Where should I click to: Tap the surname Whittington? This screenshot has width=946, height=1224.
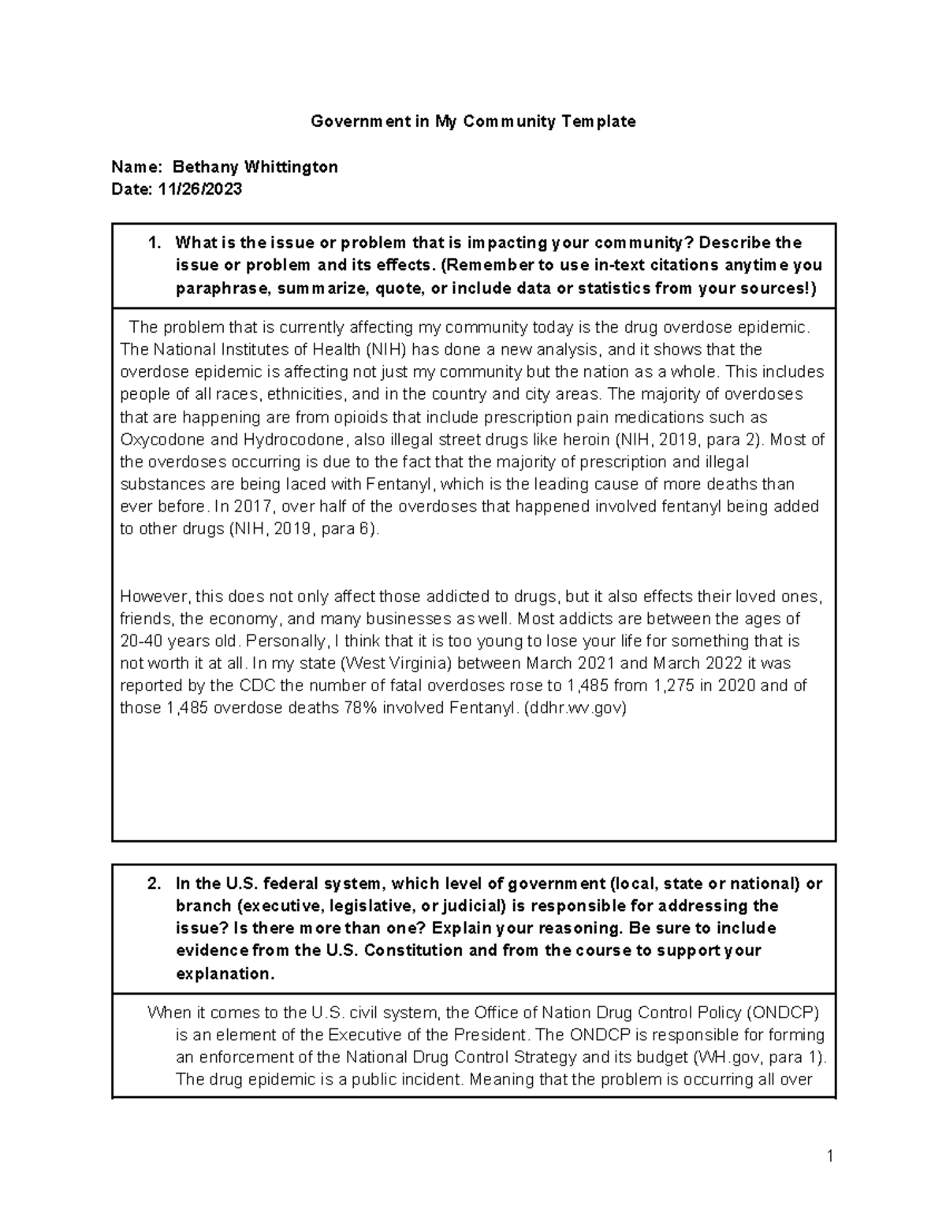tap(292, 167)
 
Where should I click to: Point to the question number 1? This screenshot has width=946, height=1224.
tap(154, 243)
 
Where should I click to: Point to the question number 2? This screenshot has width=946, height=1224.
tap(154, 884)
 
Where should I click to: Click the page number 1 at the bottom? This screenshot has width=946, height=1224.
tap(830, 1156)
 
